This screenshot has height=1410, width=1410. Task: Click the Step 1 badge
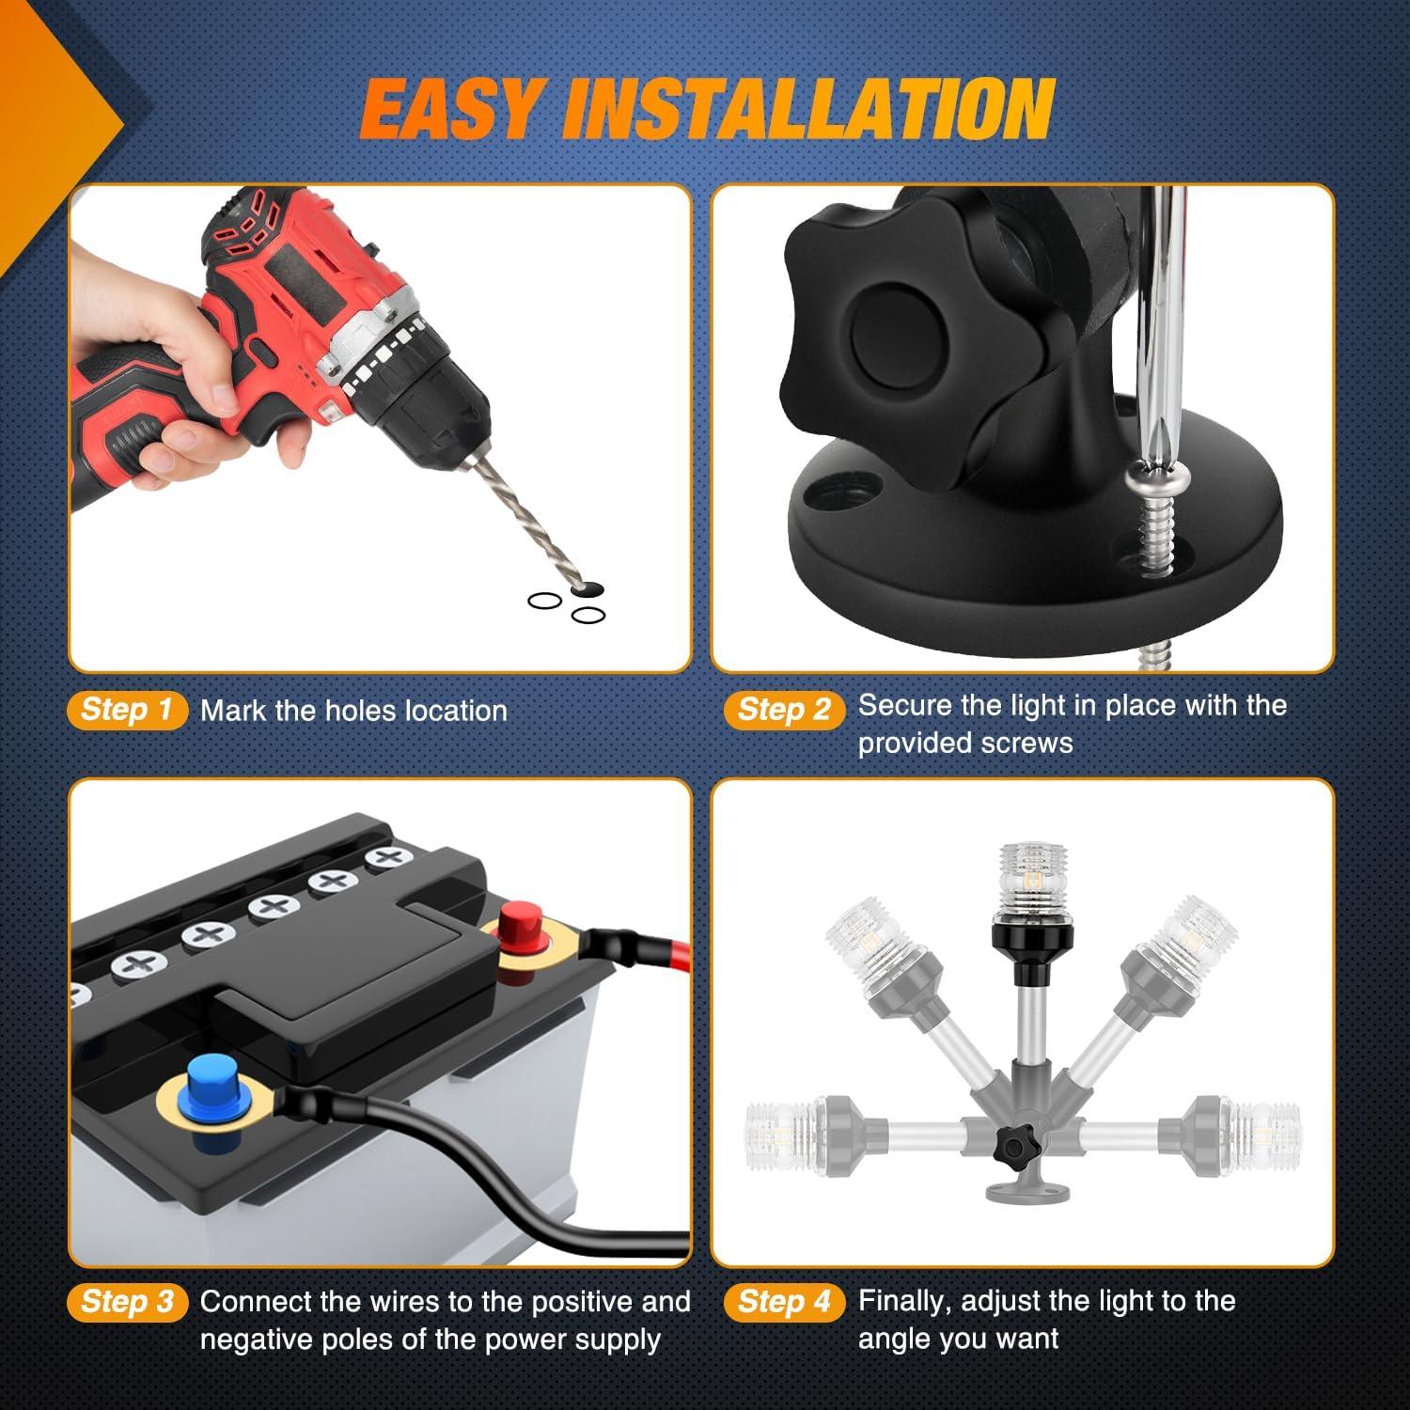[x=128, y=710]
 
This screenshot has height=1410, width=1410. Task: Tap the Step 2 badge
[x=784, y=710]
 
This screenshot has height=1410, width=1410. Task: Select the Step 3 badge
[x=128, y=1302]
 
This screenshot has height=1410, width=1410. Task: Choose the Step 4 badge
[x=784, y=1302]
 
